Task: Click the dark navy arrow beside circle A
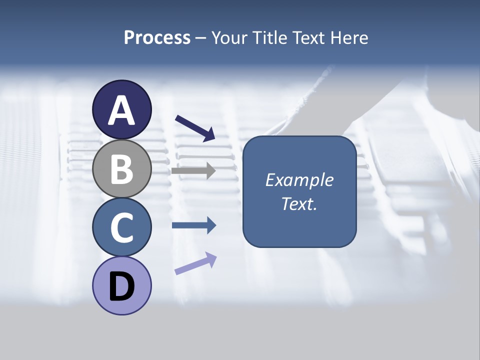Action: pos(195,128)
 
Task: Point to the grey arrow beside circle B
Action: pos(193,171)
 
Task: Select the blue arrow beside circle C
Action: pos(193,225)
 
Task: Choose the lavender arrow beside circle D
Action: pos(195,263)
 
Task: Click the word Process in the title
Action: pos(157,38)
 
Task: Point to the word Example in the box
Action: pos(299,180)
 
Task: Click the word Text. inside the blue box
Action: pos(299,203)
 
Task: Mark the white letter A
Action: pos(121,110)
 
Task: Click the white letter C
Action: pos(121,227)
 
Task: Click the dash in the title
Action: pos(201,38)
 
